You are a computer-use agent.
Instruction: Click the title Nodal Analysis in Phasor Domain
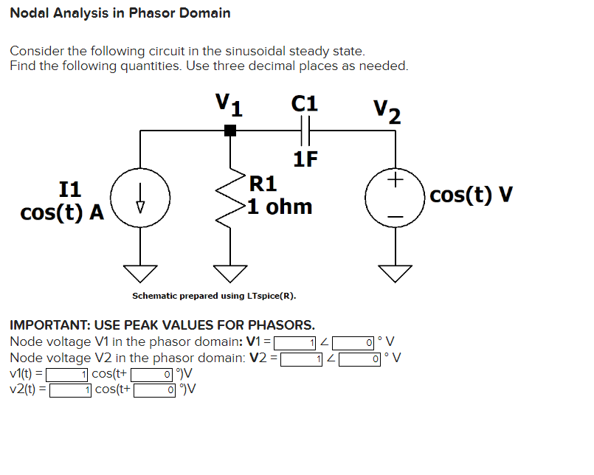point(120,13)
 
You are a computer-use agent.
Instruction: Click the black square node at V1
point(230,131)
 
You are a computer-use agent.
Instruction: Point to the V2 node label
point(387,112)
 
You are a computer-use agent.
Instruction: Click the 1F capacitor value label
point(305,159)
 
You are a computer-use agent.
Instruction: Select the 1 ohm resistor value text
point(280,206)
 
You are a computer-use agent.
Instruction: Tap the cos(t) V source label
point(471,195)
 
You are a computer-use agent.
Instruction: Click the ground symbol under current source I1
point(141,273)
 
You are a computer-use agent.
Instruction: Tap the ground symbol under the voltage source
point(395,273)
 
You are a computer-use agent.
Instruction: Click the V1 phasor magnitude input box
point(296,341)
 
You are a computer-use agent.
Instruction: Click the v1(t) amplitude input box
point(69,374)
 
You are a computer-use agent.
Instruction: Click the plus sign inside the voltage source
point(396,179)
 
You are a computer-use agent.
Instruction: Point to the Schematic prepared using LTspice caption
point(214,297)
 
